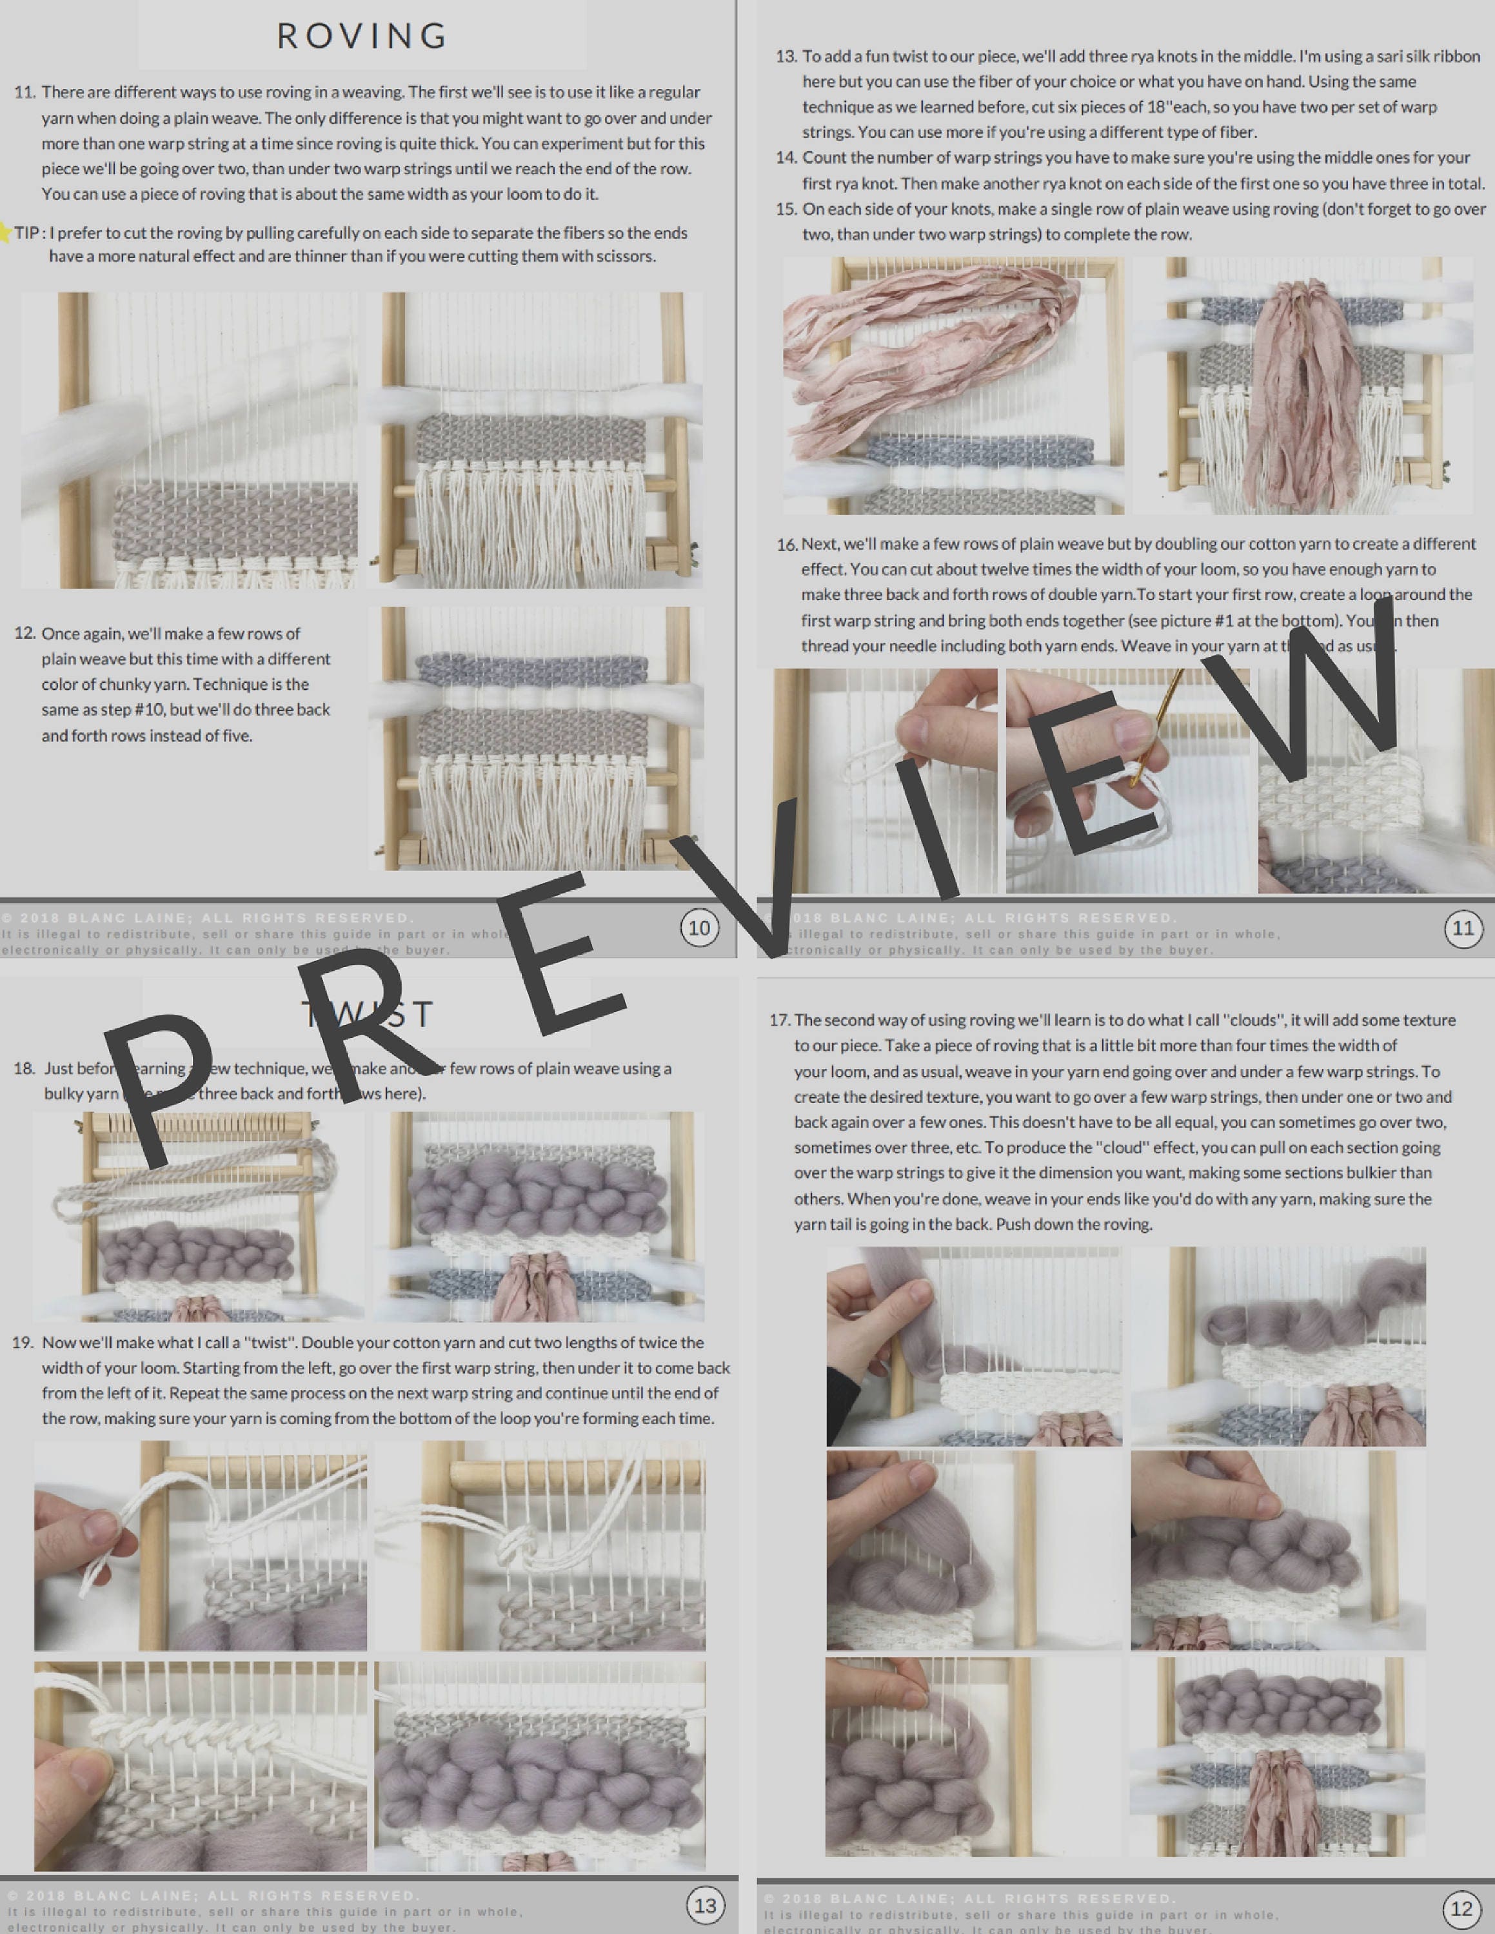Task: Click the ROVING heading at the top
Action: (362, 36)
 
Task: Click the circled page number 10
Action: (698, 928)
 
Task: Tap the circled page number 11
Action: (1463, 928)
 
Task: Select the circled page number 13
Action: (705, 1905)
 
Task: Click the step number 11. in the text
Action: (25, 92)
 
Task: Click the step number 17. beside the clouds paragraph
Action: (779, 1020)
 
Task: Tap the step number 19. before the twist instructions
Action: (23, 1342)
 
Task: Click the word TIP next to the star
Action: (26, 233)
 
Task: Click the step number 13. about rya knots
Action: (786, 57)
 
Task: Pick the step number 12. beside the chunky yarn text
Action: (25, 633)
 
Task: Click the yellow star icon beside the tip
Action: (5, 233)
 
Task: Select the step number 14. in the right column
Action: (786, 158)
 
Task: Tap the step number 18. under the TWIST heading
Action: (24, 1069)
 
